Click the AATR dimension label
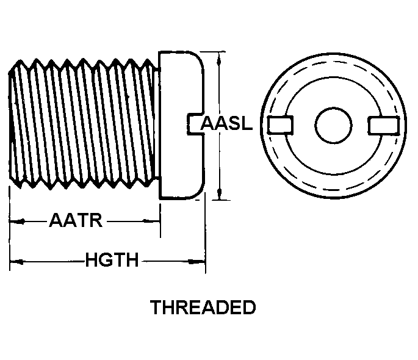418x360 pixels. (76, 220)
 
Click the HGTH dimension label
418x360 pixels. (112, 260)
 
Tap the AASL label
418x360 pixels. (226, 123)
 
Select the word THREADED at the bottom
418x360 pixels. (203, 307)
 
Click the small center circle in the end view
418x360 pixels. (333, 125)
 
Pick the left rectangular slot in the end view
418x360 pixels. (281, 124)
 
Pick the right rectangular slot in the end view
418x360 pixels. (384, 125)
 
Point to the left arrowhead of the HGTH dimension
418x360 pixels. (16, 262)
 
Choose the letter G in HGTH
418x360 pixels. (106, 260)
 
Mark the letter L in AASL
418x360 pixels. (247, 123)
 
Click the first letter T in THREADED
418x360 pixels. (156, 307)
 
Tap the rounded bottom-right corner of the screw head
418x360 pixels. (200, 192)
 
